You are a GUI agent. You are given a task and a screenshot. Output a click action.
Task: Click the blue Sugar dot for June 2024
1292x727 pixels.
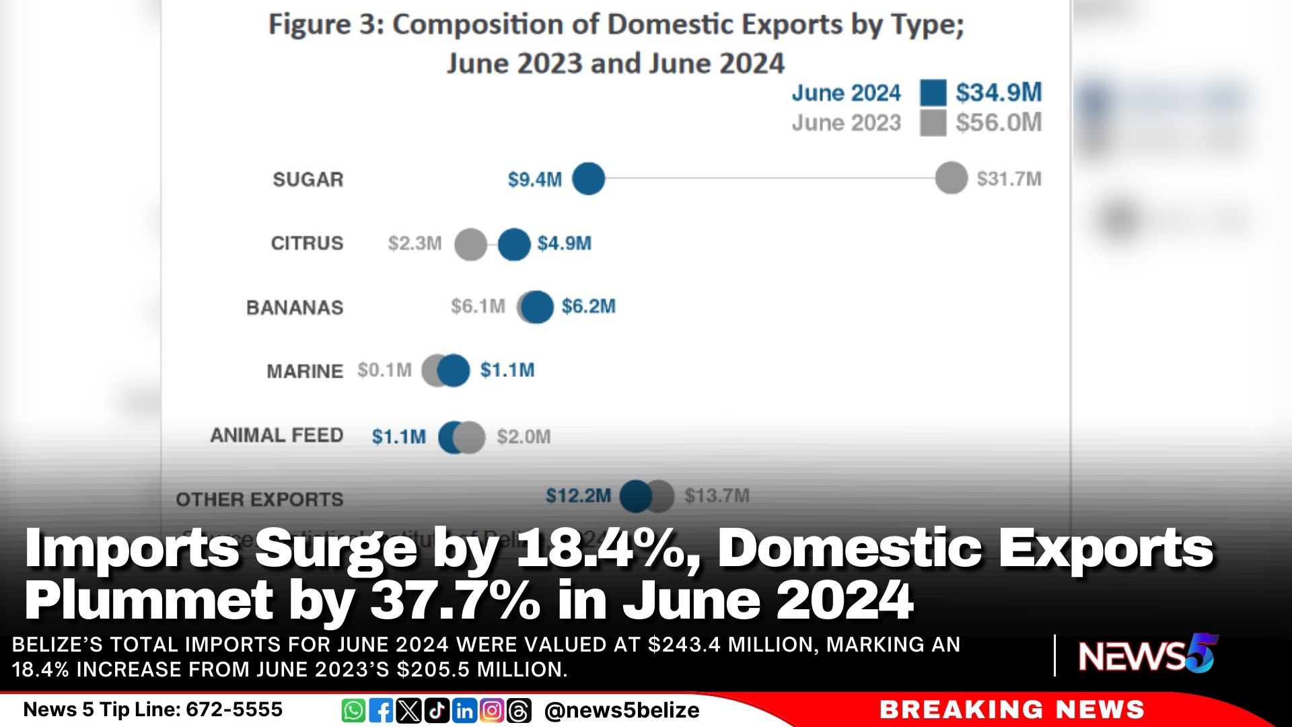[588, 179]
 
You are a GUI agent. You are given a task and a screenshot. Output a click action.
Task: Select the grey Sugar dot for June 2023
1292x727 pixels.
[951, 178]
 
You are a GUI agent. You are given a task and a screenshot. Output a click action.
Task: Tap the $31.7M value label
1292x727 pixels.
[1009, 179]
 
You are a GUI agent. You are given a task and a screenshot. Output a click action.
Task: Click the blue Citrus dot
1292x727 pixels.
[514, 244]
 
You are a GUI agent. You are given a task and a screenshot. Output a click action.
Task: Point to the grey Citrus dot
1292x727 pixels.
[470, 244]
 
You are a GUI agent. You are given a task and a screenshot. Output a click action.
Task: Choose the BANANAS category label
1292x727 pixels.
[295, 308]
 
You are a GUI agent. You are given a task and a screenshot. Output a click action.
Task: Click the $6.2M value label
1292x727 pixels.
[589, 307]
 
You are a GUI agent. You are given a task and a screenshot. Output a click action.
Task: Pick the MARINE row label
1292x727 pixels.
[305, 372]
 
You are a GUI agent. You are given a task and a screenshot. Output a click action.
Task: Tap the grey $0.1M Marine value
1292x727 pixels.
[384, 370]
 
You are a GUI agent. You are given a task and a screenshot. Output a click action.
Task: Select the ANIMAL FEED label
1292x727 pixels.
[277, 436]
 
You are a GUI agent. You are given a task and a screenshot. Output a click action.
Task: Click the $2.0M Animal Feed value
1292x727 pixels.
[524, 437]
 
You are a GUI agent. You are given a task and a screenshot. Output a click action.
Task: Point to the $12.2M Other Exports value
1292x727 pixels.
[578, 496]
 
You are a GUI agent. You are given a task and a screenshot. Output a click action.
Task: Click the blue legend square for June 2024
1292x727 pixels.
[933, 93]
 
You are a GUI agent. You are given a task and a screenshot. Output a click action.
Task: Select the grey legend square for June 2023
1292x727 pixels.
[933, 123]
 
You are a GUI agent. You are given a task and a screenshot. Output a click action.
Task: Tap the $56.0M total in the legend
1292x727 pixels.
[999, 123]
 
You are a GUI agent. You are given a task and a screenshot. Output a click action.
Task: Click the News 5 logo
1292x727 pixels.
[1148, 654]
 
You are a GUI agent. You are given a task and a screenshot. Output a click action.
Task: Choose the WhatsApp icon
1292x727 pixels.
[353, 711]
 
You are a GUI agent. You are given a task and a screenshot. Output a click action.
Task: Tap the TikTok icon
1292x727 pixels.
[437, 711]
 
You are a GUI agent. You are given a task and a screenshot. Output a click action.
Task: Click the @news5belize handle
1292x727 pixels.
[622, 711]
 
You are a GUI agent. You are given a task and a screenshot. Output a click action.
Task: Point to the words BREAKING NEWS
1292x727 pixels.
[1011, 709]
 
